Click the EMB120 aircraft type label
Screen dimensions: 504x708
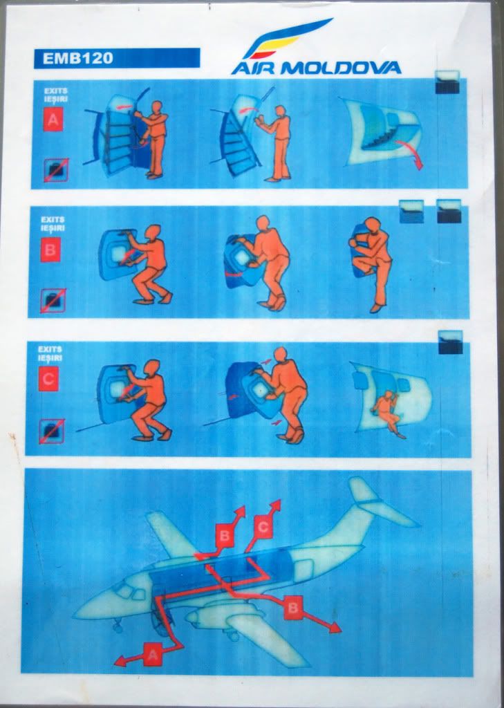tap(77, 58)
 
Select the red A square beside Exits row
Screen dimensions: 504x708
tap(53, 120)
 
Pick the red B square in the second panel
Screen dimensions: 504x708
tap(50, 250)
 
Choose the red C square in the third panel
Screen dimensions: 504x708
tap(48, 378)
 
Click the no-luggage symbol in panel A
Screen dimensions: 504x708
tap(56, 170)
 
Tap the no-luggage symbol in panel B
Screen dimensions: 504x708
tap(53, 301)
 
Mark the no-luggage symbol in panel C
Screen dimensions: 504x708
tap(51, 431)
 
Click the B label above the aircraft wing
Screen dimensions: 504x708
tap(225, 536)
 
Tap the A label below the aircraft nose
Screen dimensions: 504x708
tap(153, 654)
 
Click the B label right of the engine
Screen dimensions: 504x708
tap(293, 608)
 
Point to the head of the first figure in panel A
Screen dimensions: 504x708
tap(156, 108)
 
